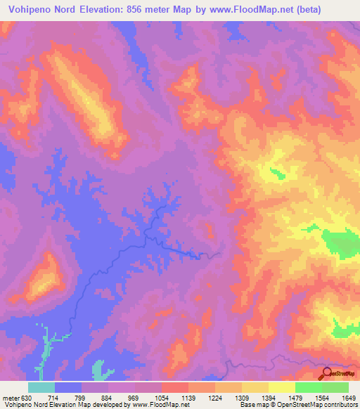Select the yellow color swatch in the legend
tap(282, 387)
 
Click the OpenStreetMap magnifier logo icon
tap(328, 373)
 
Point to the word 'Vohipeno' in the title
tap(24, 10)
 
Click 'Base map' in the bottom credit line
tap(252, 404)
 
